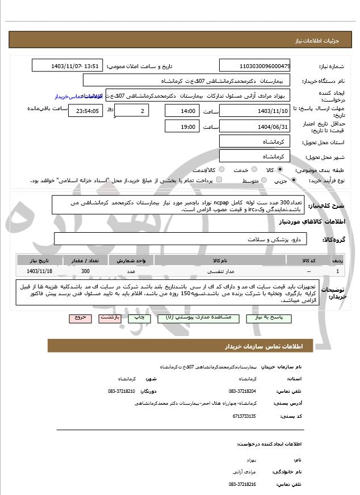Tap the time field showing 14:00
(x=182, y=111)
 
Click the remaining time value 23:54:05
(x=86, y=111)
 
